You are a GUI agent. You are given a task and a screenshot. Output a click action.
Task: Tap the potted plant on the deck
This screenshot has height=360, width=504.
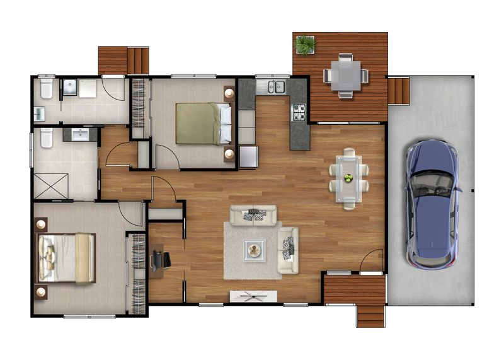tap(306, 45)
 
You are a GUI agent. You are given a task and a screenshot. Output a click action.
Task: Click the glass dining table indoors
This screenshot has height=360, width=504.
tap(348, 178)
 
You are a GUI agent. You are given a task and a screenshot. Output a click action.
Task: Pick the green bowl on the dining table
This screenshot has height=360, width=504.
tap(348, 178)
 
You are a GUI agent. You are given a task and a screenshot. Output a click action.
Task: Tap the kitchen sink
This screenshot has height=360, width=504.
tap(276, 86)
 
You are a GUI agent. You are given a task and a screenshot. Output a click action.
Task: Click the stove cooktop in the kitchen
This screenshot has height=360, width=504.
tap(298, 112)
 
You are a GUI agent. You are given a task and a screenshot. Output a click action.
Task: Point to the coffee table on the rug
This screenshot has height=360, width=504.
tap(255, 250)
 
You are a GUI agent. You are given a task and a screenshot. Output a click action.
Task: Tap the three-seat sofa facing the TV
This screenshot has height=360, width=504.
tap(255, 216)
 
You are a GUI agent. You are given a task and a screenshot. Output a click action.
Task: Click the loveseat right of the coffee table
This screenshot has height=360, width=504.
tap(288, 250)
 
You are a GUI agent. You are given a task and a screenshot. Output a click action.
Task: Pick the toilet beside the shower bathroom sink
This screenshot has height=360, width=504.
tap(46, 138)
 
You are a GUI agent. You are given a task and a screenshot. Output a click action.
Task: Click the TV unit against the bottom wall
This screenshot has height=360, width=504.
tap(253, 296)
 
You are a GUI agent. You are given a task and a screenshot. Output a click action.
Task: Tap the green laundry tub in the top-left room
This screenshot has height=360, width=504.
tap(39, 113)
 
